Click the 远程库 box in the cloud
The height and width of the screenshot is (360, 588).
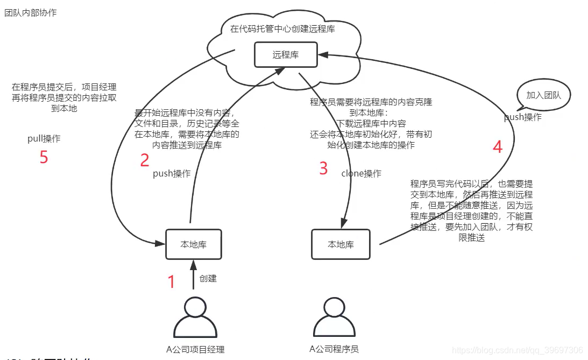286,54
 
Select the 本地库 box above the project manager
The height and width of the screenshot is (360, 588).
194,244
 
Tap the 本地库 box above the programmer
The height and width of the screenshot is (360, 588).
341,244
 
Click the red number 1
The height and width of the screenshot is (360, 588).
172,281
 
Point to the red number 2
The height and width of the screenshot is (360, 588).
144,160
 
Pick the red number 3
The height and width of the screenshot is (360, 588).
323,168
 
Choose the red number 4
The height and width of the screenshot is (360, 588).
498,147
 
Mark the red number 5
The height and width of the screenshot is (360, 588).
44,157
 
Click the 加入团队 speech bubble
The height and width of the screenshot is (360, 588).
543,96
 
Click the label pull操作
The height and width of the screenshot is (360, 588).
44,139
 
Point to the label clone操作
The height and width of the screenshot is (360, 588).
361,173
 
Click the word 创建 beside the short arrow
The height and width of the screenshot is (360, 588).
208,278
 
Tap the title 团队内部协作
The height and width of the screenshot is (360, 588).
30,13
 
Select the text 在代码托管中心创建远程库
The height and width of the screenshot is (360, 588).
282,29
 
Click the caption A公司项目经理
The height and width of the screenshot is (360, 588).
195,349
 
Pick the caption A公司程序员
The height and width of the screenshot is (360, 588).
334,349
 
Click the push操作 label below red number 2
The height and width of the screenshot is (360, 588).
172,173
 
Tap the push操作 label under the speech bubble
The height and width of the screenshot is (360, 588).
522,117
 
